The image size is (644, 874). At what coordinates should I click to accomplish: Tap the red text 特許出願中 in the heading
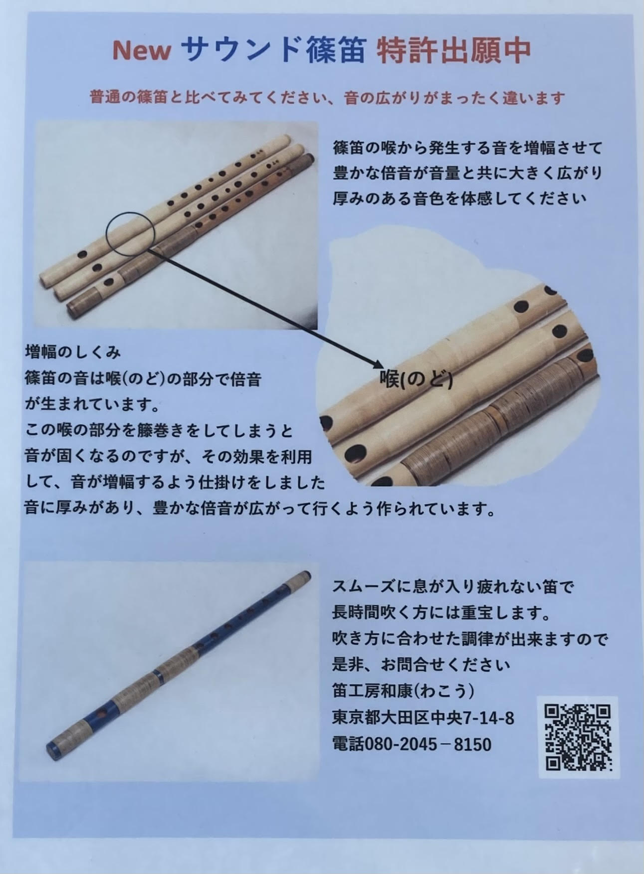point(453,51)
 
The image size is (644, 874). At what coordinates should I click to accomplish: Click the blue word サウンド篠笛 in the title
point(274,51)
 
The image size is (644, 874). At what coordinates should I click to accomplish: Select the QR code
point(578,737)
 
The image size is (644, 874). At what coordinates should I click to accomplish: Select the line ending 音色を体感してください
point(459,198)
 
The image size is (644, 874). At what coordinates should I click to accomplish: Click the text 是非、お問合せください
point(421,665)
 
